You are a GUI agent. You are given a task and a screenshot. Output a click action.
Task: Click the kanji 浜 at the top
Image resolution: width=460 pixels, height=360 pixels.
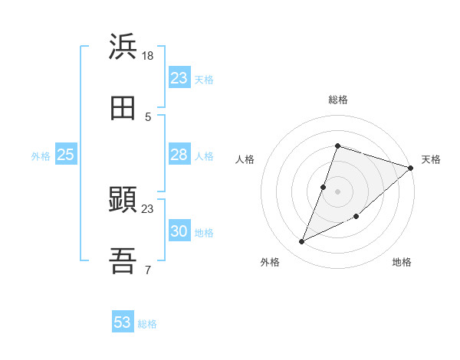[123, 47]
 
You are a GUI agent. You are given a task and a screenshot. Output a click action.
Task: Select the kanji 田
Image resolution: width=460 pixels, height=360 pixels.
[123, 108]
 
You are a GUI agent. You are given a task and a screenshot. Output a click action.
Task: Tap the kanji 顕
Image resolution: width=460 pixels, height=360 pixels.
[123, 200]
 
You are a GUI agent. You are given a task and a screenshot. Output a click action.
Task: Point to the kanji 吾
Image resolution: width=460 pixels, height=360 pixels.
[123, 261]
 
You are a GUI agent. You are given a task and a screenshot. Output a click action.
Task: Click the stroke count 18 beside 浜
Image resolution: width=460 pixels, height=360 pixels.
[148, 55]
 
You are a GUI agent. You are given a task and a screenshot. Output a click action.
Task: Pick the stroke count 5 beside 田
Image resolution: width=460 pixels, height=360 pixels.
[148, 116]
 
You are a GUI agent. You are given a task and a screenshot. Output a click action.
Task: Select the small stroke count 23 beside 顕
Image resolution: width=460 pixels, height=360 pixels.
[148, 208]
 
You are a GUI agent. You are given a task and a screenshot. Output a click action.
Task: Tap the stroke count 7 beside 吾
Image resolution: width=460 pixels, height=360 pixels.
[148, 270]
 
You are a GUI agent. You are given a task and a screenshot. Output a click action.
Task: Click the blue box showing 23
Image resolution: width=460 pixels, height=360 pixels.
[179, 78]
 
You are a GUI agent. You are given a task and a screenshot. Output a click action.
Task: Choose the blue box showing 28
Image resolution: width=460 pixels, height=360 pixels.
[179, 155]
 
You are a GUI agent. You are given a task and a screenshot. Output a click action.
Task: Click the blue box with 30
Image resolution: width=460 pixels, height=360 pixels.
[179, 231]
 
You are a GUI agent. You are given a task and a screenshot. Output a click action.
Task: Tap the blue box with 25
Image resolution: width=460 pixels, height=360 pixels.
[66, 155]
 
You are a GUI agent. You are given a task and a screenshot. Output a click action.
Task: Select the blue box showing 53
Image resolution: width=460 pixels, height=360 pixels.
[123, 322]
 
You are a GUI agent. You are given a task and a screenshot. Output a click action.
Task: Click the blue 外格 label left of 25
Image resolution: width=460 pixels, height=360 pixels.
[41, 156]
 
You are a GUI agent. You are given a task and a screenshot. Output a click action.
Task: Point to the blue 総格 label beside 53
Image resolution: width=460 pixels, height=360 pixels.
[147, 324]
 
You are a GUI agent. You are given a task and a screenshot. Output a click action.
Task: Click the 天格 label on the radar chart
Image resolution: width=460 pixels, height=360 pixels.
[431, 159]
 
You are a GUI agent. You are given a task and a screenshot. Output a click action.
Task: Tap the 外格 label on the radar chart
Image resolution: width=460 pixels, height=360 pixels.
[269, 263]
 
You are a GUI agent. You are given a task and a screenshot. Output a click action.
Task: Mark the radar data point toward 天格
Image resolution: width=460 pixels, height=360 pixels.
[412, 168]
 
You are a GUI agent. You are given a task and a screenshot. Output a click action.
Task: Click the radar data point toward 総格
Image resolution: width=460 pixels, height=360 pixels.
[337, 146]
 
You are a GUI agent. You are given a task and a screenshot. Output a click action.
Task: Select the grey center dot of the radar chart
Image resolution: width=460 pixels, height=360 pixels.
[337, 191]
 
